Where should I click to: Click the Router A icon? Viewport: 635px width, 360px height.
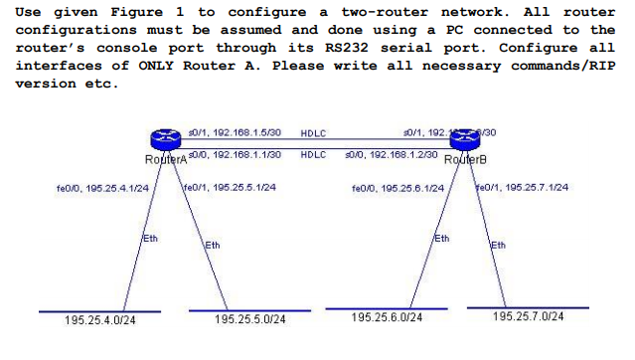tap(156, 143)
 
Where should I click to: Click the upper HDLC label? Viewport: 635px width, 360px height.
tap(314, 132)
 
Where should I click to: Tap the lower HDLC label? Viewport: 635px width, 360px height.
tap(314, 155)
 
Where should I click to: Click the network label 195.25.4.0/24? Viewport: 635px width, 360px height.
tap(100, 320)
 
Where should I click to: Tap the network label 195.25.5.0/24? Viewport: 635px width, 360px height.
tap(250, 320)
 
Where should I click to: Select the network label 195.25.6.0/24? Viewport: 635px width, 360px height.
tap(388, 317)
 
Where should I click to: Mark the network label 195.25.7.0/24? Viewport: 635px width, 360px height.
tap(530, 316)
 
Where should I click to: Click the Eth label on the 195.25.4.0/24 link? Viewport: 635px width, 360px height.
tap(151, 239)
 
